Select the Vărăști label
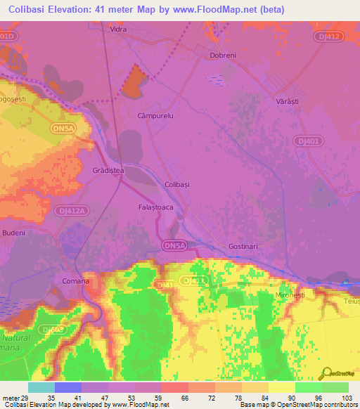pyautogui.click(x=286, y=101)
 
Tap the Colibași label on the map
pyautogui.click(x=177, y=183)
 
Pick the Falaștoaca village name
pyautogui.click(x=156, y=208)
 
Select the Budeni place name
pyautogui.click(x=14, y=233)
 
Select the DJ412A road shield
pyautogui.click(x=71, y=210)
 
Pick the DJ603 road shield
pyautogui.click(x=49, y=328)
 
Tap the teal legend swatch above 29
pyautogui.click(x=41, y=387)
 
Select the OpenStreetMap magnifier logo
pyautogui.click(x=326, y=374)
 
